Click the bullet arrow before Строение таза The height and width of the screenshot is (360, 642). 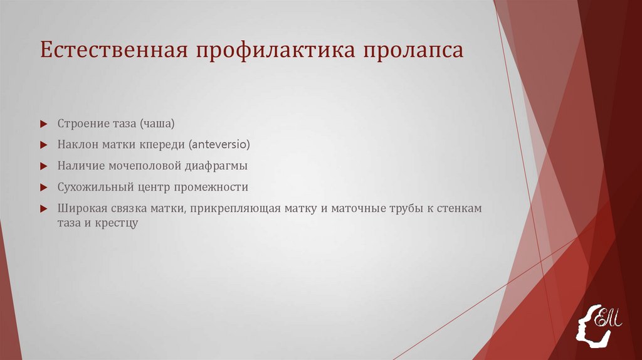pos(44,124)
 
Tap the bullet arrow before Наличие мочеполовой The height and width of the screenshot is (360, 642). pos(44,166)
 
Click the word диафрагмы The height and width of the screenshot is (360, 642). pos(216,166)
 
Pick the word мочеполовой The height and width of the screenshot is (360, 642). pos(144,166)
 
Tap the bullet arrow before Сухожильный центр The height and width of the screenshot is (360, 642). pos(44,188)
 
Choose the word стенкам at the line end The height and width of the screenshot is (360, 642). pos(460,209)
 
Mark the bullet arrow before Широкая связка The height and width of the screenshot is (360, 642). pos(44,209)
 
